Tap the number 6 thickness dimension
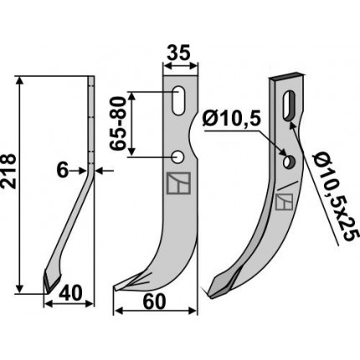click(x=62, y=171)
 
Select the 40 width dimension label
click(x=70, y=293)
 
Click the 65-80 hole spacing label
click(x=116, y=123)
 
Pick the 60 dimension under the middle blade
click(x=154, y=301)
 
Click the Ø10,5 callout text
click(x=233, y=120)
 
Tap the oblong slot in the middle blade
click(x=178, y=100)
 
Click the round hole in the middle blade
click(x=177, y=157)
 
